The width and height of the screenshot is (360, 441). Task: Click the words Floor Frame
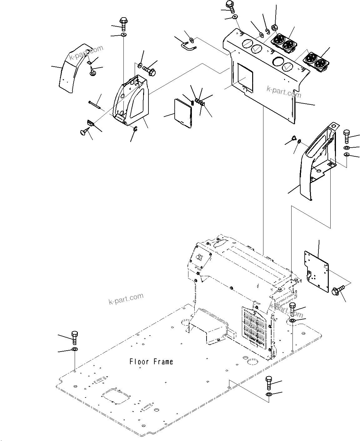[x=151, y=362]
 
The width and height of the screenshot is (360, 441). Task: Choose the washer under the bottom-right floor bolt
[x=269, y=394]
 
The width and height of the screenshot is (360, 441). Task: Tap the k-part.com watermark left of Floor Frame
[x=126, y=298]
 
